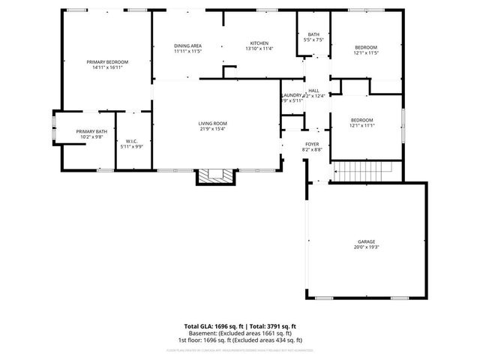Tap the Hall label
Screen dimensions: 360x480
pyautogui.click(x=313, y=91)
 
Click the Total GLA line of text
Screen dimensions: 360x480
pyautogui.click(x=240, y=326)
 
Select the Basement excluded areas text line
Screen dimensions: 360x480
pyautogui.click(x=240, y=333)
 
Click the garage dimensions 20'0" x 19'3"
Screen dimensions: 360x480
pyautogui.click(x=366, y=247)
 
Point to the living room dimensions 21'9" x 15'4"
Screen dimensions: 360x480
pyautogui.click(x=212, y=129)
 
